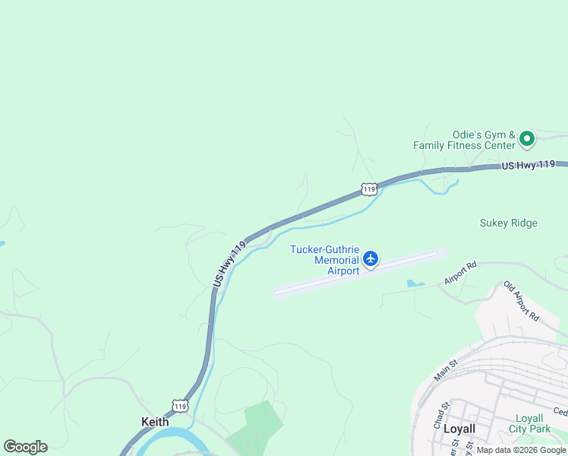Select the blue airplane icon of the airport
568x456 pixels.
(x=371, y=259)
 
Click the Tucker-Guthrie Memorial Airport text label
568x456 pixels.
(x=325, y=260)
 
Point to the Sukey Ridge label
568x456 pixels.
(x=508, y=223)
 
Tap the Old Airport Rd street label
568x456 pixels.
(x=521, y=301)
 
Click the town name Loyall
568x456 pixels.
(x=459, y=429)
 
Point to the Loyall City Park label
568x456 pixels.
(x=529, y=423)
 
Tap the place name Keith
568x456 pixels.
(x=155, y=421)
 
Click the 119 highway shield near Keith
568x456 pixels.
(x=179, y=406)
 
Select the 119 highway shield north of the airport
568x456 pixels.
(x=368, y=188)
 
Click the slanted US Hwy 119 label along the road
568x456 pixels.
(x=229, y=264)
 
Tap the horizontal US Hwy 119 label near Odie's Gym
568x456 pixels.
(x=534, y=165)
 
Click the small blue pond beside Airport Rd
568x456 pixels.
(x=415, y=283)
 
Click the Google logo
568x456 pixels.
(x=25, y=447)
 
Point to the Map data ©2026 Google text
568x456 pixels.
(x=521, y=450)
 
